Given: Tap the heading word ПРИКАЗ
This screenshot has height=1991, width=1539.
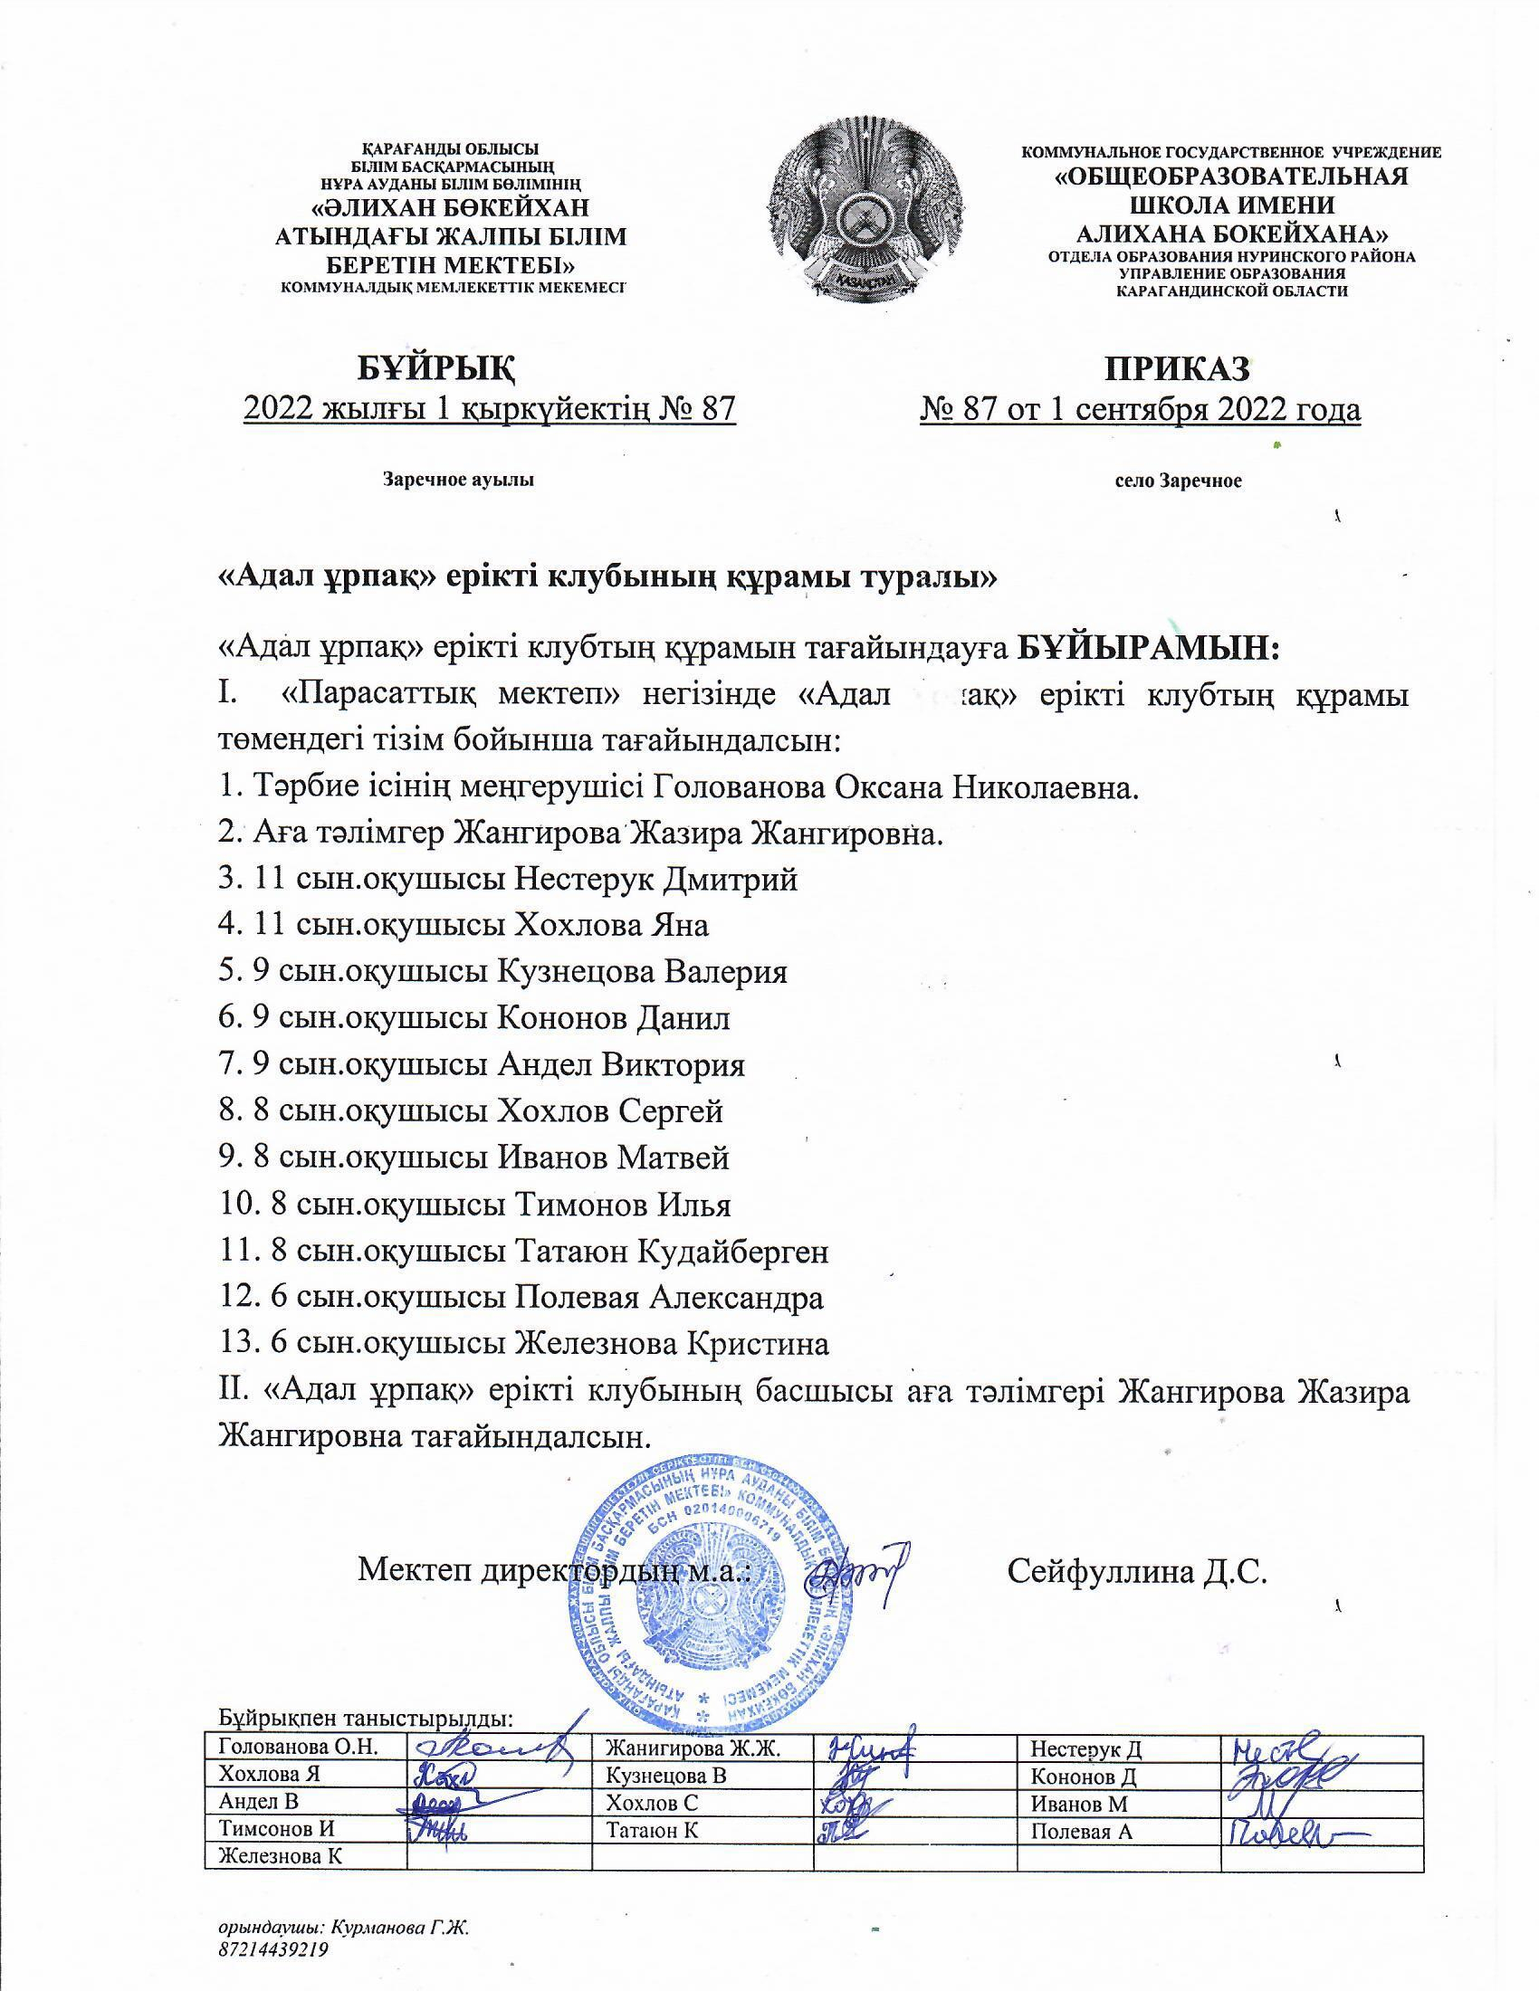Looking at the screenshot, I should (1177, 369).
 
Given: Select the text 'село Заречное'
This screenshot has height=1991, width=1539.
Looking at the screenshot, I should (1178, 481).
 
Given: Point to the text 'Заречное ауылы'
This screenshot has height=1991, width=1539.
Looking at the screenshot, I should (458, 480).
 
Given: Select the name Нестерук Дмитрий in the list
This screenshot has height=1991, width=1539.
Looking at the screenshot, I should (656, 880).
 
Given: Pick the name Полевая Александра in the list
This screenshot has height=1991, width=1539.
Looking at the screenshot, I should (670, 1298).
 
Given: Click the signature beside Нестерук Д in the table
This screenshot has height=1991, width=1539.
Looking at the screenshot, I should (1275, 1745).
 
